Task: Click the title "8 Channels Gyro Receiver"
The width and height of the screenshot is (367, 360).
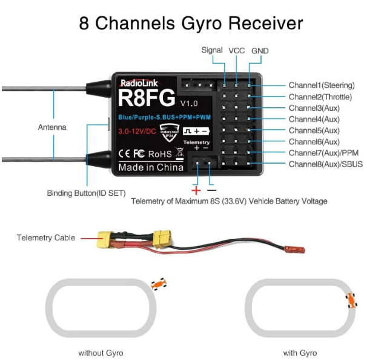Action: tap(191, 23)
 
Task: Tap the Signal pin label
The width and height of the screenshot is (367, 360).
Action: tap(212, 51)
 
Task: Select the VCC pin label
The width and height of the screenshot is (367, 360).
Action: tap(236, 51)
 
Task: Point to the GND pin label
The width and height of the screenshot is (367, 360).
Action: tap(260, 51)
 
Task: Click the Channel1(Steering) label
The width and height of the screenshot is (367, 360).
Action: tap(321, 85)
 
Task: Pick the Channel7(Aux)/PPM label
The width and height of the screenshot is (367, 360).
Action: tap(323, 153)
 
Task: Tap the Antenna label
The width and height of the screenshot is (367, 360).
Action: tap(52, 127)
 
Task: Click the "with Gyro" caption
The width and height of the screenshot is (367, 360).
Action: tap(300, 352)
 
